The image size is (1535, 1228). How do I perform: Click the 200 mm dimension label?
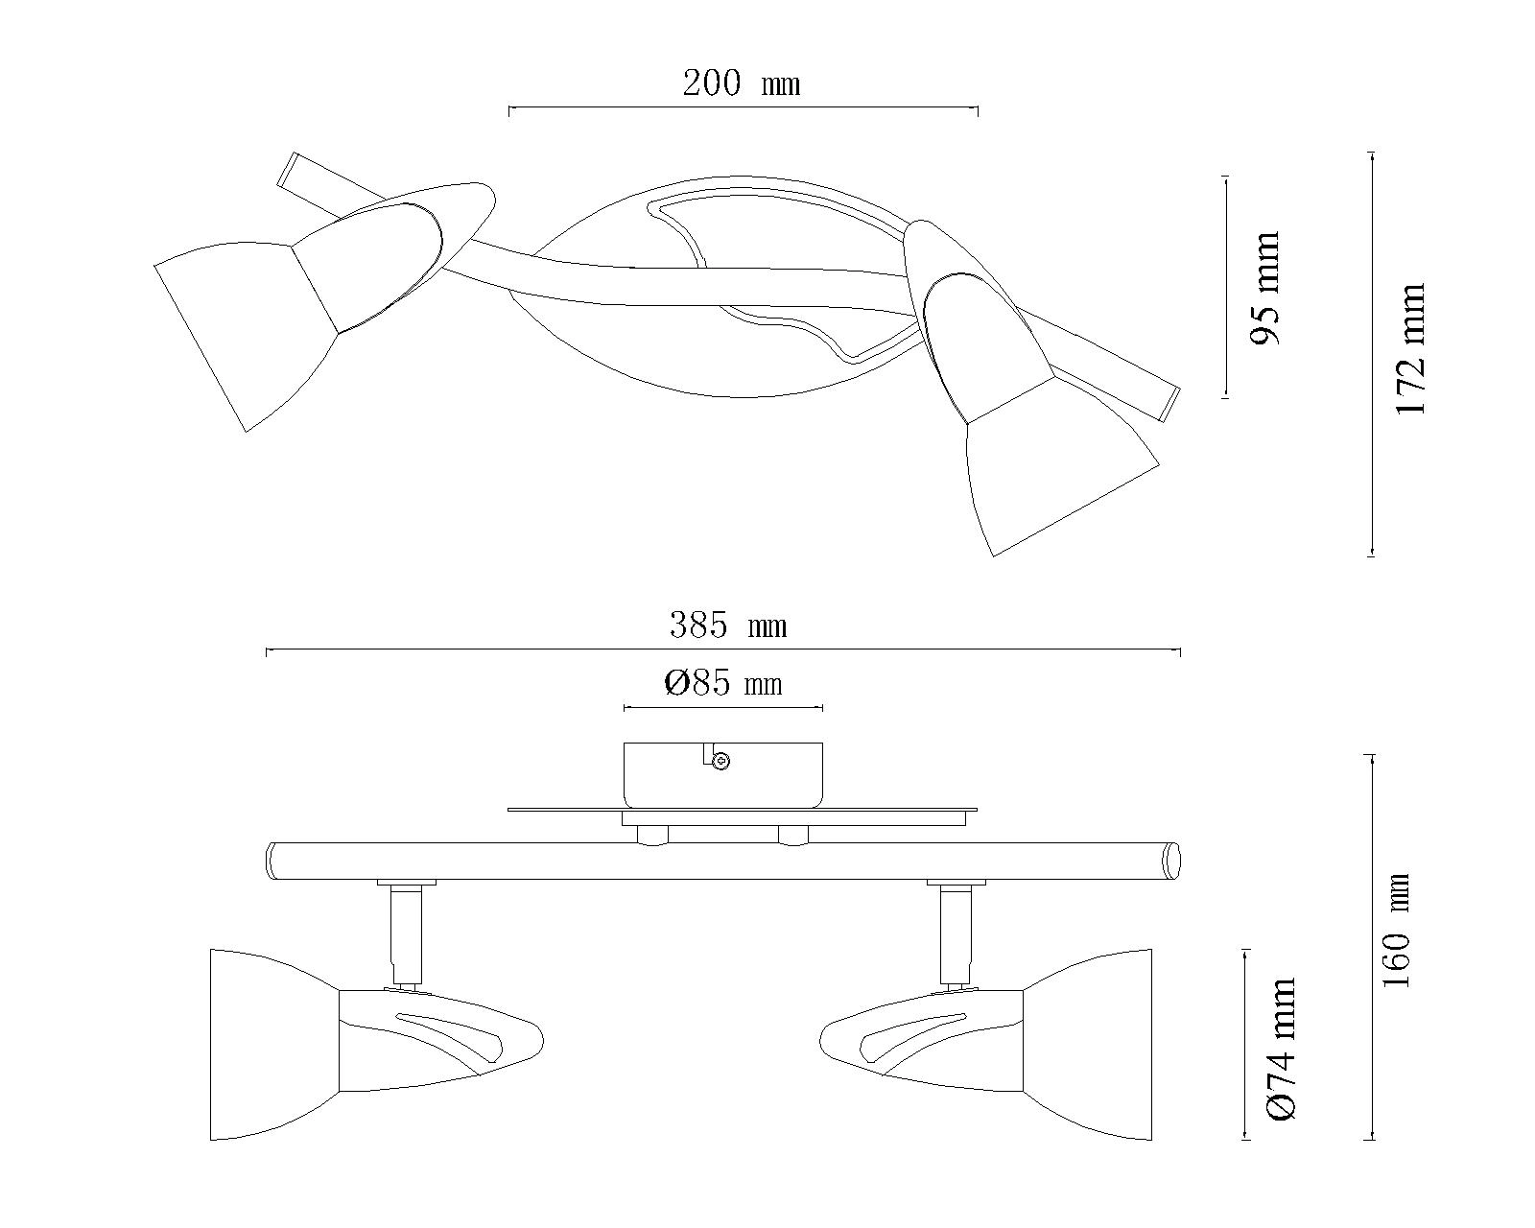coord(741,83)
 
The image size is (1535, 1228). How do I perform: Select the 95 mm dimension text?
coord(1266,288)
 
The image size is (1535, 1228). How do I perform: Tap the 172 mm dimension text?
coord(1410,349)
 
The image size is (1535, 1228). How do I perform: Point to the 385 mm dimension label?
coord(728,626)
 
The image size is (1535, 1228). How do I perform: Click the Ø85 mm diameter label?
coord(723,684)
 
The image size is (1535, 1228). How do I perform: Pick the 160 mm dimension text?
coord(1397,930)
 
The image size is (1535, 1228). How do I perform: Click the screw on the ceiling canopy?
coord(721,762)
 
